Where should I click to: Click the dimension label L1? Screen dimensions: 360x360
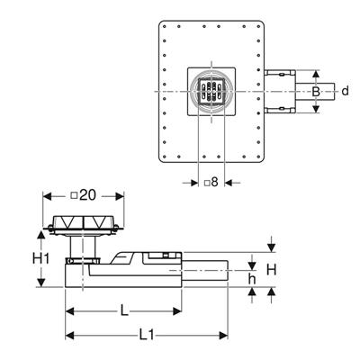147,335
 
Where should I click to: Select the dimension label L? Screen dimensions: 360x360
124,311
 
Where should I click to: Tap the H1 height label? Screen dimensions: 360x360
40,258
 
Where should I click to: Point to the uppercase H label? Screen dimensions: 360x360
271,270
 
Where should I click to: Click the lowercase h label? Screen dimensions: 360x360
252,279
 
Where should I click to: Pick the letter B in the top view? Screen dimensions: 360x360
316,91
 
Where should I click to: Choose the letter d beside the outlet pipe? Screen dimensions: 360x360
346,90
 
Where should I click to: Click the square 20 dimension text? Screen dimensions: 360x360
84,195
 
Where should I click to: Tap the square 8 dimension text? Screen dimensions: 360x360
211,182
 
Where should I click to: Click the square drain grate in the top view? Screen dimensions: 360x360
211,92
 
